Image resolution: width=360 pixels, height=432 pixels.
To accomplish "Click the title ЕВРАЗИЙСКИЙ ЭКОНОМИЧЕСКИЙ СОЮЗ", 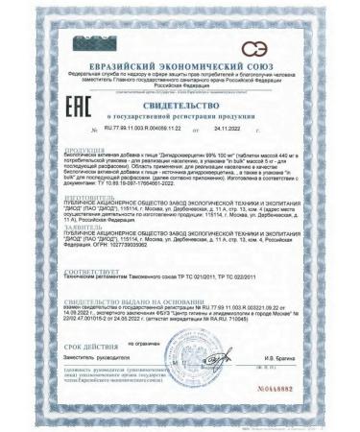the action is tap(179, 65).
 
